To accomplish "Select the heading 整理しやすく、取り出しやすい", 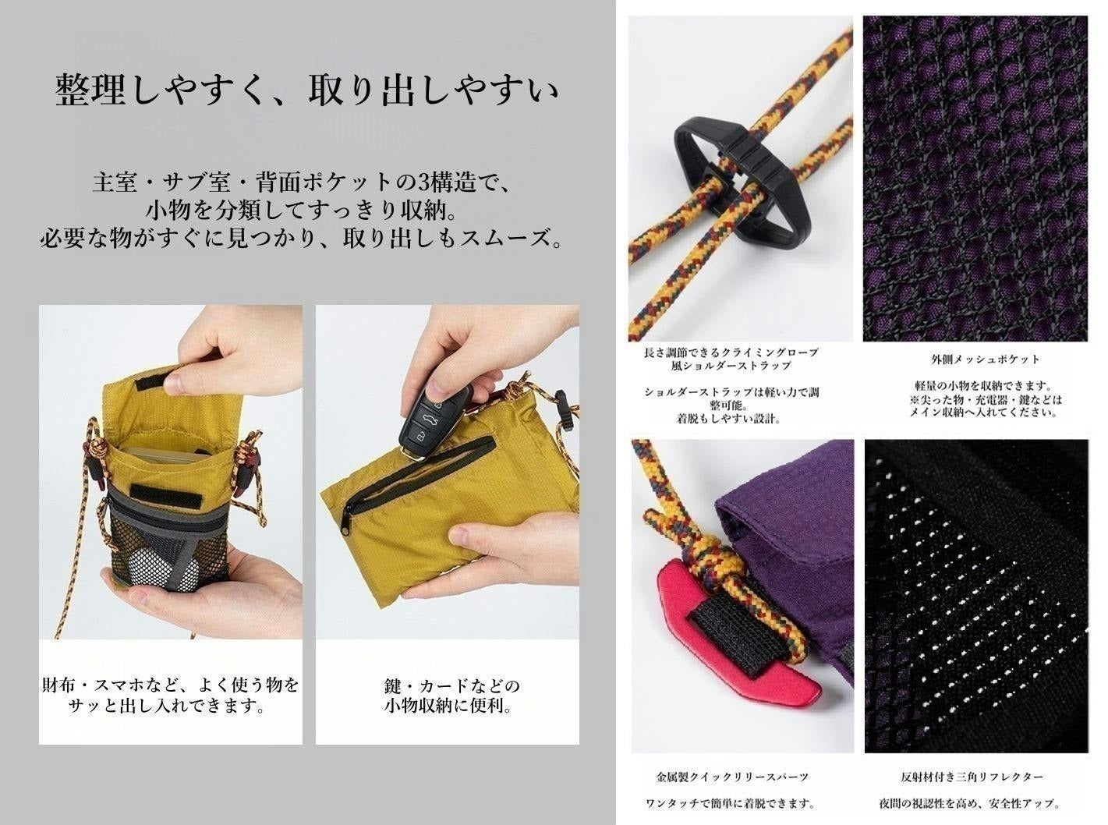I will pyautogui.click(x=307, y=91).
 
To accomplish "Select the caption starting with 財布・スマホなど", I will pyautogui.click(x=170, y=696).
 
